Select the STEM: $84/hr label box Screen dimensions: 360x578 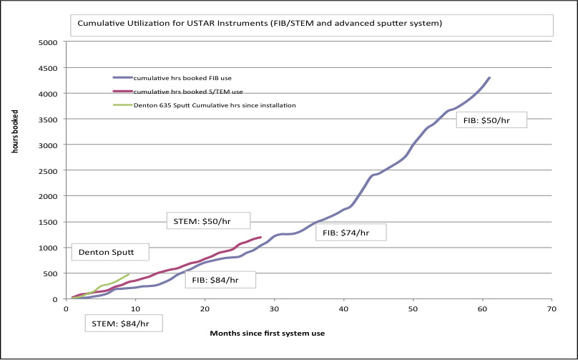coord(126,323)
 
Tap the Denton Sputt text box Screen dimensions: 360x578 coord(111,252)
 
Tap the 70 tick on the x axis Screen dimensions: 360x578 coord(551,309)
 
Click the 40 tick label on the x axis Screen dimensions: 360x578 coord(343,309)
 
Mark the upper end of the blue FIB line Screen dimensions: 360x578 coord(489,77)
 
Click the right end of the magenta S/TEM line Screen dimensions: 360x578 coord(260,238)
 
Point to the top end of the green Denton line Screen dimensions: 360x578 coord(128,274)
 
